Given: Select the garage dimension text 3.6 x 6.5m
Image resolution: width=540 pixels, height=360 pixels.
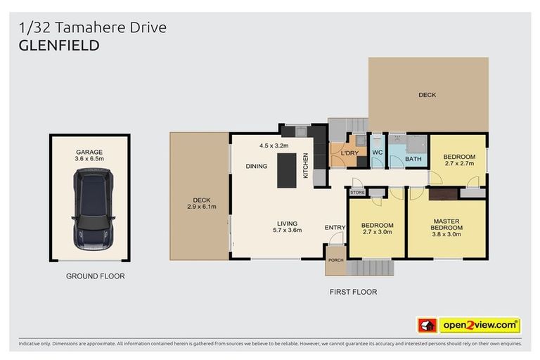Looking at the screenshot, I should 89,159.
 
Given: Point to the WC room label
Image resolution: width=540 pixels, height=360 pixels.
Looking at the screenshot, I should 376,153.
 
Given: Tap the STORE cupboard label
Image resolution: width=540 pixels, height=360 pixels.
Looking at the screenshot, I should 357,192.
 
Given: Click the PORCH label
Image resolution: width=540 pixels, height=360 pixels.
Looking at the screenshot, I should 335,260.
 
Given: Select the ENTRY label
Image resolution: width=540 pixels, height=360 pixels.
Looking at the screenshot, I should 334,227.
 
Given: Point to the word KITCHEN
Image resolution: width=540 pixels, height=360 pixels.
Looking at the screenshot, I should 306,165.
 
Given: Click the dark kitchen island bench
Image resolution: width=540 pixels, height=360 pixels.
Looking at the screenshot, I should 287,169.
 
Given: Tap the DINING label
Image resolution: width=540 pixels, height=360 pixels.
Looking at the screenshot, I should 255,167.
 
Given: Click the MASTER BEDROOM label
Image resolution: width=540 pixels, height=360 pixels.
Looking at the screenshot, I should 446,224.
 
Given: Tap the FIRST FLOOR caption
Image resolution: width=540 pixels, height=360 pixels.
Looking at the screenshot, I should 353,292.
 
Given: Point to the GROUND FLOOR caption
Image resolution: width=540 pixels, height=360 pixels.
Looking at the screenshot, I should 95,276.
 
